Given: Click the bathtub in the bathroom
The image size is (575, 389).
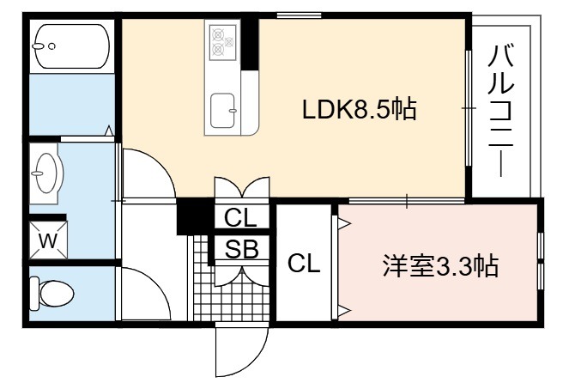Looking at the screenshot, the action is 72,46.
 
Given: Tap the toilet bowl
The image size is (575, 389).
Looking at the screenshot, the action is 52,294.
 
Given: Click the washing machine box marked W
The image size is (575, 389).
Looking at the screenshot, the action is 48,240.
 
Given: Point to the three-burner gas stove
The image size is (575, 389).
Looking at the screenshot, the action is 222,42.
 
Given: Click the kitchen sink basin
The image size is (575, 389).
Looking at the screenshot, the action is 223,111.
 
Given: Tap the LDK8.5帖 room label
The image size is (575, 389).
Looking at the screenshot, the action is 359,109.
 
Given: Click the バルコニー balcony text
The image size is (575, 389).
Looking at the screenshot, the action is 500,111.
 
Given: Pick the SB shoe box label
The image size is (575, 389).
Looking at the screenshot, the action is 242,249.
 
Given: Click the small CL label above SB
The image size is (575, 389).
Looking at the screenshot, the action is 240,218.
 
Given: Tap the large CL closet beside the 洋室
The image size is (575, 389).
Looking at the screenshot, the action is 304,263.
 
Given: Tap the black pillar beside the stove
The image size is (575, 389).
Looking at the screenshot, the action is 250,43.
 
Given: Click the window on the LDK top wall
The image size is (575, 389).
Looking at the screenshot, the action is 299,15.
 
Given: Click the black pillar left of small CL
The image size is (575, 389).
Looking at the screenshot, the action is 195,216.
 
